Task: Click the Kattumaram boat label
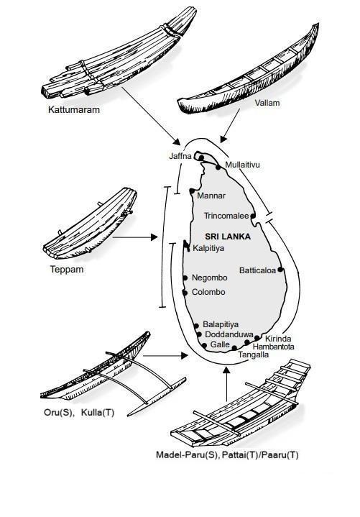74,109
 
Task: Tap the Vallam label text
267,103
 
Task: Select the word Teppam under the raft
67,270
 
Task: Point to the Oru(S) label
58,413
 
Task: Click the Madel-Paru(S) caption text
187,455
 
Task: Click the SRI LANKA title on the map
228,237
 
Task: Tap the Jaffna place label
180,156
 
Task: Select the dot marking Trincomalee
253,216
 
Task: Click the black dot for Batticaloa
280,270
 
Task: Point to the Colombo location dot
185,293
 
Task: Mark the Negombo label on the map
210,278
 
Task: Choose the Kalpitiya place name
208,248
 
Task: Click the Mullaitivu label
242,165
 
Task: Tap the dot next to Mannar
192,191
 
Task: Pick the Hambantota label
273,347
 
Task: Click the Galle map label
220,344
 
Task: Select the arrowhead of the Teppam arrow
154,237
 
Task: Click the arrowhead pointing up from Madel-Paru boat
226,370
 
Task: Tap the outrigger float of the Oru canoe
157,397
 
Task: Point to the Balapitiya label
221,324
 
